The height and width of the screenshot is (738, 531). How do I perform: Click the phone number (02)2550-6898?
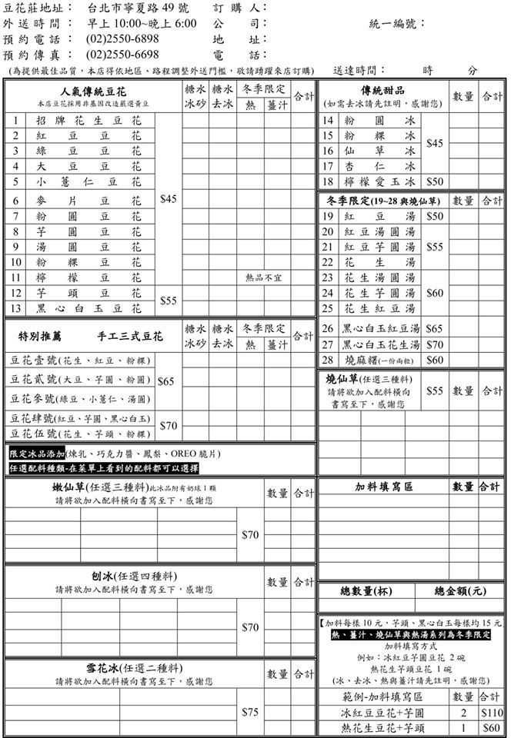(x=123, y=38)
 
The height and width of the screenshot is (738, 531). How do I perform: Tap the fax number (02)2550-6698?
(x=123, y=55)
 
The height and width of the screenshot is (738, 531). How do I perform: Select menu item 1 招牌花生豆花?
(x=88, y=121)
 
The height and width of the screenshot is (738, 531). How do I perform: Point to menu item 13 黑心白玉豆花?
(x=88, y=308)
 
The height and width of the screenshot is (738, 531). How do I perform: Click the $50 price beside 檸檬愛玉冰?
(x=435, y=182)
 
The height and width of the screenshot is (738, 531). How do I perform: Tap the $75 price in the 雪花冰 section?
(x=250, y=712)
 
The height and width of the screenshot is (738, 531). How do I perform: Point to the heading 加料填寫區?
(x=384, y=487)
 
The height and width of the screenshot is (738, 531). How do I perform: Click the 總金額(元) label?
(x=459, y=591)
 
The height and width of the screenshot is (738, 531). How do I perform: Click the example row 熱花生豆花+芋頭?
(x=383, y=728)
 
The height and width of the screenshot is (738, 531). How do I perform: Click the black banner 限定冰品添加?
(x=37, y=454)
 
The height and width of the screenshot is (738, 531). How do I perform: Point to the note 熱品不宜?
(x=263, y=278)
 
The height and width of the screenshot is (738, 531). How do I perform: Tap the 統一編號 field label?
(x=397, y=24)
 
